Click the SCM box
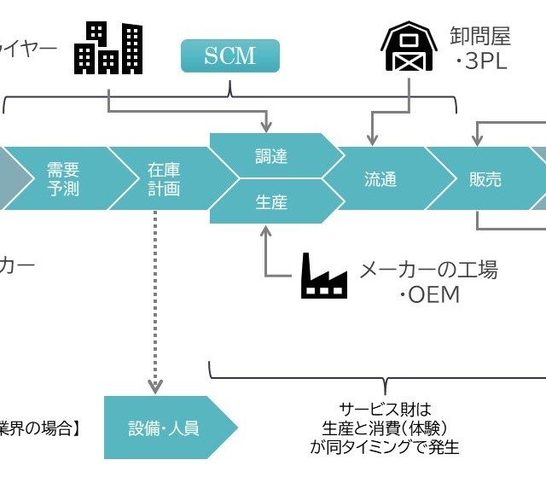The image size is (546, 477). (229, 56)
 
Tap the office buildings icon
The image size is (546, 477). (108, 48)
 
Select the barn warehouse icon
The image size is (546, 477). (409, 48)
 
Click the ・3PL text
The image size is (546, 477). (481, 62)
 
